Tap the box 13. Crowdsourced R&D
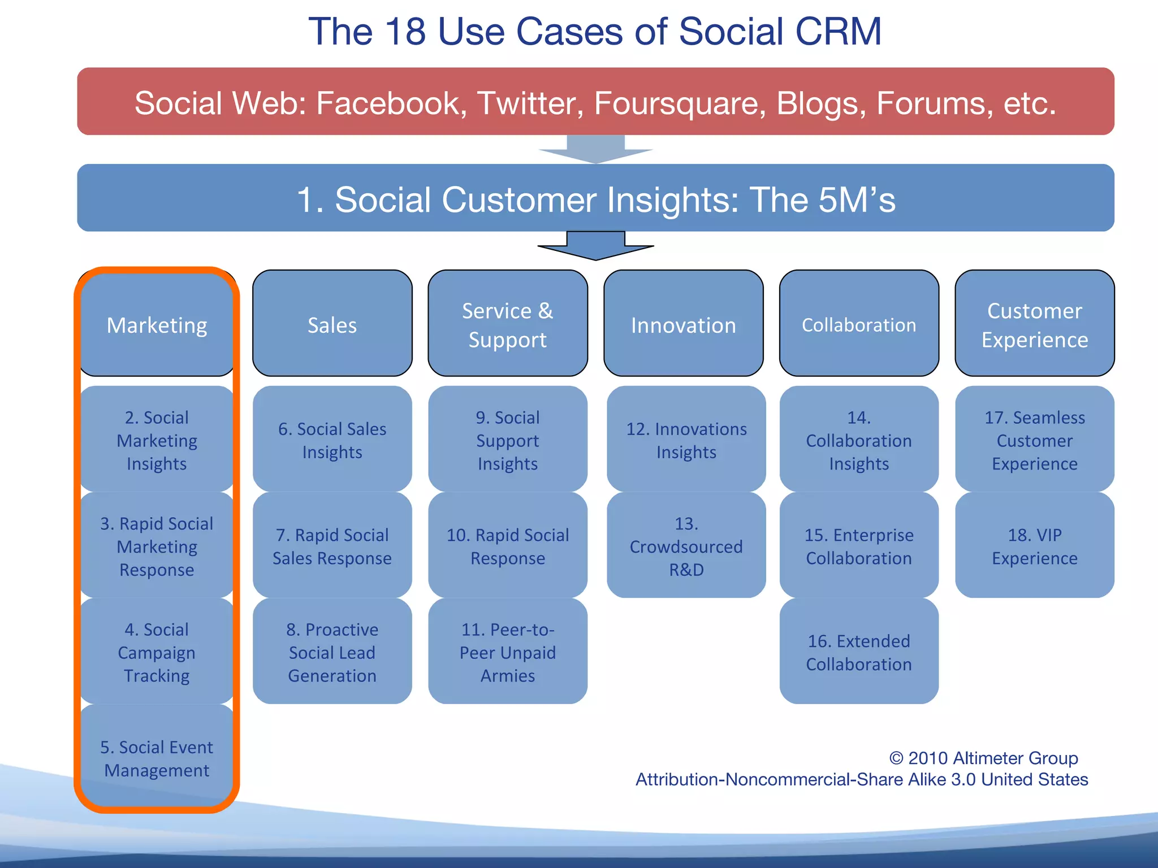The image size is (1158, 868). tap(686, 545)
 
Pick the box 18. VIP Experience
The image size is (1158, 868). tap(1034, 545)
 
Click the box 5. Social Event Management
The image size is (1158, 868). tap(157, 758)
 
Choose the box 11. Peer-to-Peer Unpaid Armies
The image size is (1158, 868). tap(507, 652)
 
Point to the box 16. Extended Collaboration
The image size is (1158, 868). tap(858, 652)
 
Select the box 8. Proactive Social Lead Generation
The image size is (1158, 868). tap(332, 652)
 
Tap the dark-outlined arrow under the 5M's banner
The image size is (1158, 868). tap(595, 246)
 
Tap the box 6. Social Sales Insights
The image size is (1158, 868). tap(332, 440)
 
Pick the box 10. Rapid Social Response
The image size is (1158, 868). tap(507, 545)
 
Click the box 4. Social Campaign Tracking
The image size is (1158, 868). tap(157, 652)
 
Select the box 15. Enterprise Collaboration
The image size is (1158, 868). tap(858, 545)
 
